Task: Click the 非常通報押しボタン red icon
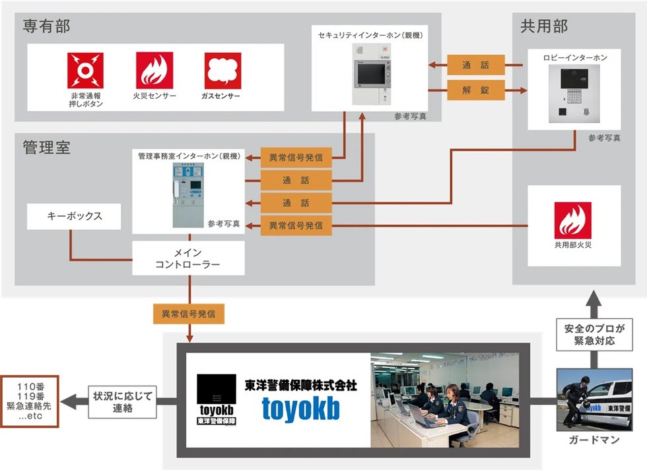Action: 86,71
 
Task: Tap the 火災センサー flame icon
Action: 154,71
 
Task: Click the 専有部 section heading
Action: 46,26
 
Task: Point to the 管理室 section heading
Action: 46,147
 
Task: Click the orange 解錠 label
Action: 476,90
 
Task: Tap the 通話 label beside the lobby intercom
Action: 476,65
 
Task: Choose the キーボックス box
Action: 75,216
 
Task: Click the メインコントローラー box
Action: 188,258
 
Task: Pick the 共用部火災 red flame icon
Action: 573,220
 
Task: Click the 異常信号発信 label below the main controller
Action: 189,314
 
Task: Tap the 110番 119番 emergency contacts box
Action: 29,401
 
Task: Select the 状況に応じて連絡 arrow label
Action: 122,401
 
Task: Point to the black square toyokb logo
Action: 217,399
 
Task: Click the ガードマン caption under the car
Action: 594,440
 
